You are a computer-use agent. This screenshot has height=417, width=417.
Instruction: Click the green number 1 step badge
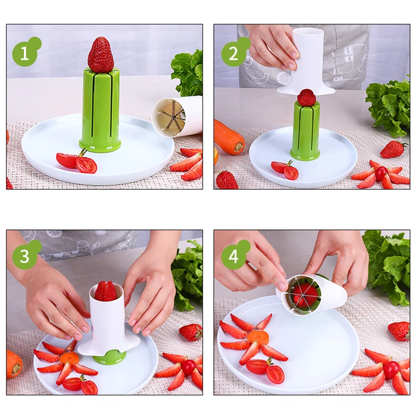(23, 53)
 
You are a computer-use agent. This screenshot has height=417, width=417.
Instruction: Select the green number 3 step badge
(23, 256)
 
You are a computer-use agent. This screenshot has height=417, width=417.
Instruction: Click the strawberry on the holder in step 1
(101, 55)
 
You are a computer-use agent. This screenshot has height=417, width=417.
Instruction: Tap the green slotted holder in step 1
(100, 109)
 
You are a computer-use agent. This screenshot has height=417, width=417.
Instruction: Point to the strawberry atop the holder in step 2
(306, 97)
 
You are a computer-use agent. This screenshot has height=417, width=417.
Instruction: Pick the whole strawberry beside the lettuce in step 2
(393, 149)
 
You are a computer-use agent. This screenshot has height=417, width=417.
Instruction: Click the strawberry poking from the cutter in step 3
(106, 291)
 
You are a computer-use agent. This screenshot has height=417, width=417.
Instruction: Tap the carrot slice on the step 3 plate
(69, 358)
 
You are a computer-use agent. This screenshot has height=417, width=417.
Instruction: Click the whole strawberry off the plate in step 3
(191, 332)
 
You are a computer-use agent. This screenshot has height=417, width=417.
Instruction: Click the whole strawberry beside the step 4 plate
(399, 330)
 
